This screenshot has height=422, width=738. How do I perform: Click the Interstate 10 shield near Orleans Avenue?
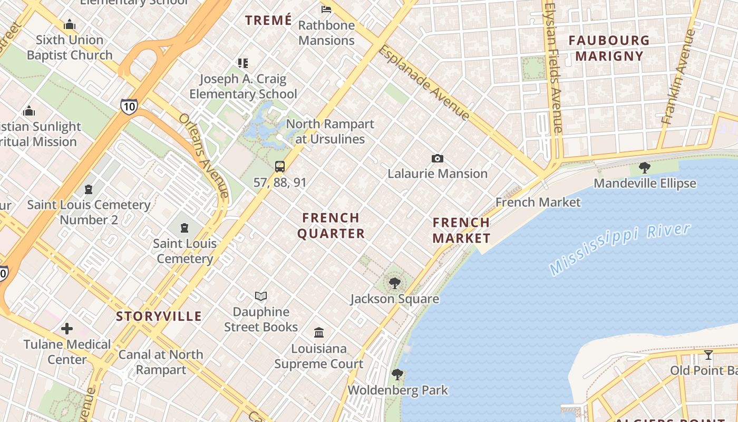(129, 106)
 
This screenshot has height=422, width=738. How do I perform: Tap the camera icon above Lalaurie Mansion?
(437, 158)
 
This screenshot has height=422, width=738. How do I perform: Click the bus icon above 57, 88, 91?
(280, 167)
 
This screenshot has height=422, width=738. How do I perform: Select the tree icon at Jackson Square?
(394, 283)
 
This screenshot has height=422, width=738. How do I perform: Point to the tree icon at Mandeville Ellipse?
(644, 168)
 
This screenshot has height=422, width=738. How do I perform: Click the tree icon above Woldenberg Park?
(397, 375)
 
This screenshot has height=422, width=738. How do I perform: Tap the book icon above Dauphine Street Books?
(261, 296)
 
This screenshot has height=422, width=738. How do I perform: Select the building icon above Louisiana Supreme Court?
(319, 333)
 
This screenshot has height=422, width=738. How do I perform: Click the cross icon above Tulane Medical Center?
(67, 329)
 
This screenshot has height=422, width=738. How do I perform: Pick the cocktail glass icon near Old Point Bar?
(708, 354)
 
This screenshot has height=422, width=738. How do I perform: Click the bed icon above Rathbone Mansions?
(326, 9)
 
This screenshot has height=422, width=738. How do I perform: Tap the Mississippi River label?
(620, 249)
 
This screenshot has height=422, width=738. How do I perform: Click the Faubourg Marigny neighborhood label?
(609, 48)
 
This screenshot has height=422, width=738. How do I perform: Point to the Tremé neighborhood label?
(268, 21)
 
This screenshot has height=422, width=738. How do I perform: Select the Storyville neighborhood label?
(159, 316)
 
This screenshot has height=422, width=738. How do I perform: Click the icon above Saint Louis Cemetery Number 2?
(89, 189)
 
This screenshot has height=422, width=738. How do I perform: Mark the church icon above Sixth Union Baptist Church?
(70, 25)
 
